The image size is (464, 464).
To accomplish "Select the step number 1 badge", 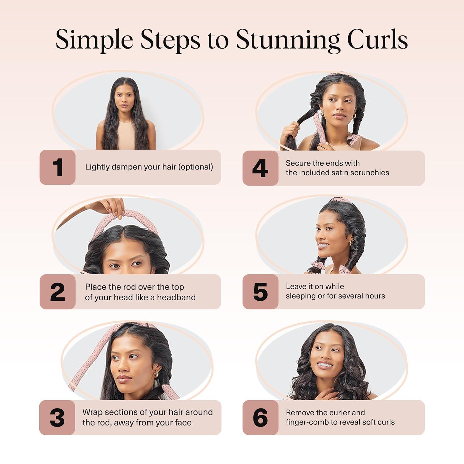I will click(58, 167).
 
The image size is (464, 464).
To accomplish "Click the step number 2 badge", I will click(58, 292).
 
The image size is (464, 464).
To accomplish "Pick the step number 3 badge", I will click(57, 418).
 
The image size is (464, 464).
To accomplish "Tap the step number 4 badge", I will click(260, 168).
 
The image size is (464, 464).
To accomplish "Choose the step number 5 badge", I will click(260, 292).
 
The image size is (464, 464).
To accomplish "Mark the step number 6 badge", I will click(260, 418).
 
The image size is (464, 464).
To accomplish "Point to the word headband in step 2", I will click(176, 297).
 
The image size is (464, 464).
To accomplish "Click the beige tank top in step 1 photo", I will click(126, 138).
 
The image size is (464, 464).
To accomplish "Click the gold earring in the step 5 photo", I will click(350, 243).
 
